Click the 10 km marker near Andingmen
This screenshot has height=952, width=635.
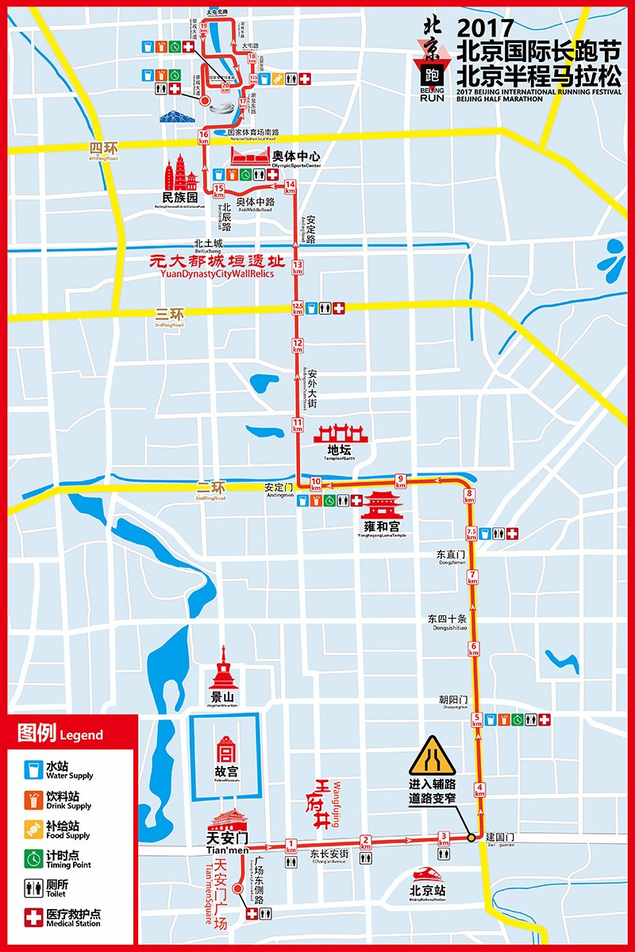point(316,483)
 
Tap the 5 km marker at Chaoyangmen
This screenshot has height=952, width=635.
point(477,719)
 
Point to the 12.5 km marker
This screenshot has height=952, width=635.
point(298,307)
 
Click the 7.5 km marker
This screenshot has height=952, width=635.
point(471,534)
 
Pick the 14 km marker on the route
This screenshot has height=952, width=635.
point(291,187)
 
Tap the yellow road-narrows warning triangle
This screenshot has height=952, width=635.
point(432,756)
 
